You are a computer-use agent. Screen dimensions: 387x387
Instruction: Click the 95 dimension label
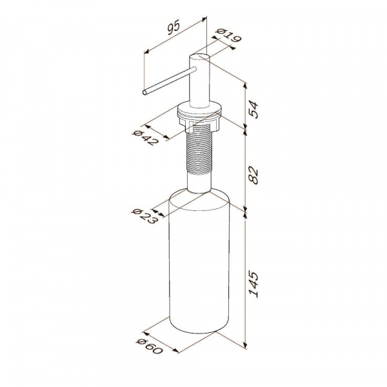click(174, 27)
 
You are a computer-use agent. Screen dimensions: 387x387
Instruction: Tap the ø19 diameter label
click(228, 36)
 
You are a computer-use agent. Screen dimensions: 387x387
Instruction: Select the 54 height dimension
click(253, 110)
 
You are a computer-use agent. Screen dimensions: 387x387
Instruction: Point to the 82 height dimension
click(253, 175)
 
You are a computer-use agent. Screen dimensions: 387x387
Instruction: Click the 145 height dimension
click(253, 284)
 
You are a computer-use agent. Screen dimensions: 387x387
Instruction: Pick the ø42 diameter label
click(146, 138)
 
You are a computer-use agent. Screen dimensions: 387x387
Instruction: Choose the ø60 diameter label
click(150, 346)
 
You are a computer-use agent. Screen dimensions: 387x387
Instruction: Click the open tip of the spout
click(144, 92)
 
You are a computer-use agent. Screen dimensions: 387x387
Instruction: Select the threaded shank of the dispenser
click(199, 150)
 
